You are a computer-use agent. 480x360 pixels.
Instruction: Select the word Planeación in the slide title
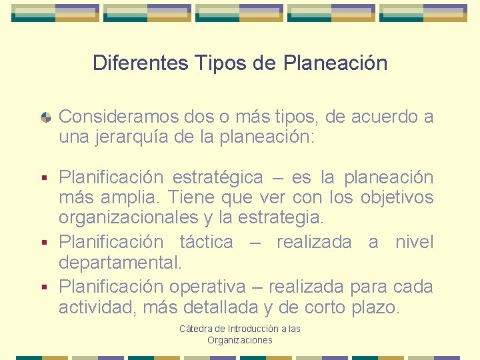click(335, 63)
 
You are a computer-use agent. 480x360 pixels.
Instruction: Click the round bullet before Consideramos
click(46, 117)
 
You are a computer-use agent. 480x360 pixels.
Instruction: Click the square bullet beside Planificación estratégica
click(45, 178)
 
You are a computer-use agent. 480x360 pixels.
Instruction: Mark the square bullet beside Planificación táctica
click(45, 243)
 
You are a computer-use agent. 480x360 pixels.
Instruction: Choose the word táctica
click(207, 242)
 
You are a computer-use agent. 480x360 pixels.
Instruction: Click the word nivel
click(414, 242)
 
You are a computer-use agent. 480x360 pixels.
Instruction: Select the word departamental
click(120, 262)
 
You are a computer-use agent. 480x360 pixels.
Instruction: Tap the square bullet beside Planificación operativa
click(45, 287)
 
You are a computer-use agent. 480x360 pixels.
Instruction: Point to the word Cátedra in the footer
click(195, 329)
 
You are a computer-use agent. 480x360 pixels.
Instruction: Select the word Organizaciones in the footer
click(240, 340)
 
